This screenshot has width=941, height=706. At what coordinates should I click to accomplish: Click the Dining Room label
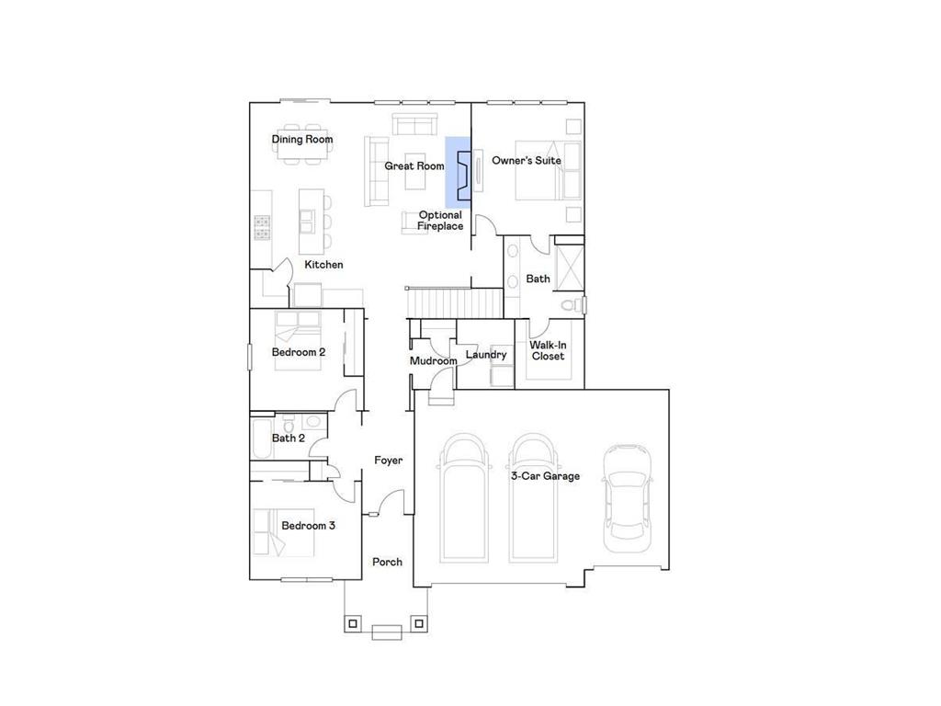pyautogui.click(x=301, y=140)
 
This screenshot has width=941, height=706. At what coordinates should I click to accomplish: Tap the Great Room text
pyautogui.click(x=414, y=166)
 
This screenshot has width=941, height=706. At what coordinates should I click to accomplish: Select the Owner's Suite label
pyautogui.click(x=526, y=161)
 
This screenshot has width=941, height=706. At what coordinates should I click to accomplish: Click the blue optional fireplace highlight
pyautogui.click(x=458, y=171)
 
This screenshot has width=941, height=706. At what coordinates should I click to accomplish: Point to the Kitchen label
pyautogui.click(x=323, y=265)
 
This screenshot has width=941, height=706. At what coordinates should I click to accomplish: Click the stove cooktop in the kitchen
pyautogui.click(x=261, y=228)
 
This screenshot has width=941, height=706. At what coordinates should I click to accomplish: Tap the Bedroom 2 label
pyautogui.click(x=298, y=352)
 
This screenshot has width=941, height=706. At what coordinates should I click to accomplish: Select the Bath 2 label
pyautogui.click(x=288, y=438)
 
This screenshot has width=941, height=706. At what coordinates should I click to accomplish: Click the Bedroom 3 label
pyautogui.click(x=308, y=526)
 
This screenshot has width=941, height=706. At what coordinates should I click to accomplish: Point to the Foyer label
pyautogui.click(x=388, y=461)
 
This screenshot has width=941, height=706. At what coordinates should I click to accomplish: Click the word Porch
pyautogui.click(x=387, y=562)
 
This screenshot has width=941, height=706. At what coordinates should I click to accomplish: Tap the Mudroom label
pyautogui.click(x=433, y=361)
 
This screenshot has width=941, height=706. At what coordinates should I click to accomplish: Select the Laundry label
pyautogui.click(x=485, y=355)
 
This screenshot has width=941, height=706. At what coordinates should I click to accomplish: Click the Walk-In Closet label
pyautogui.click(x=548, y=350)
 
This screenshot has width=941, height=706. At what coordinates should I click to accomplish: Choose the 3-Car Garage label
pyautogui.click(x=545, y=476)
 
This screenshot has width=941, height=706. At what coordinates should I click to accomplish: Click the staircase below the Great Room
pyautogui.click(x=455, y=301)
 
